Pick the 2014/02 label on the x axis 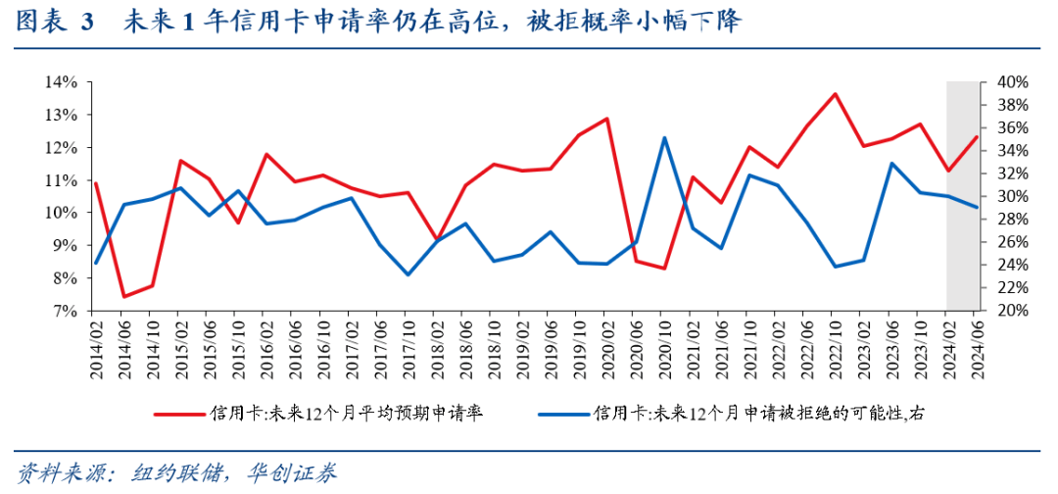coord(96,349)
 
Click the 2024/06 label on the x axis coord(976,349)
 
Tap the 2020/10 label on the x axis coord(664,349)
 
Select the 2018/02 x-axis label coord(438,349)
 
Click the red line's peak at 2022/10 coord(835,94)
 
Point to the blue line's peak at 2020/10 coord(664,137)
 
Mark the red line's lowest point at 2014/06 coord(124,296)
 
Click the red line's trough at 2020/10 coord(664,269)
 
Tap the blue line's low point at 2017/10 coord(409,274)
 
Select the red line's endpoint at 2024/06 coord(977,137)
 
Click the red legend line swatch coord(179,414)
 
